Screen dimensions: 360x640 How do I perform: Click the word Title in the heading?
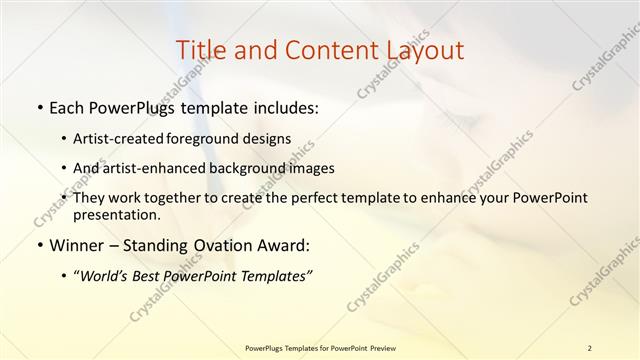coord(199,50)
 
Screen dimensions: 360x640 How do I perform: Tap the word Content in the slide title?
coord(323,50)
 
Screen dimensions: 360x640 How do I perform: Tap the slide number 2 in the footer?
coord(589,348)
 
